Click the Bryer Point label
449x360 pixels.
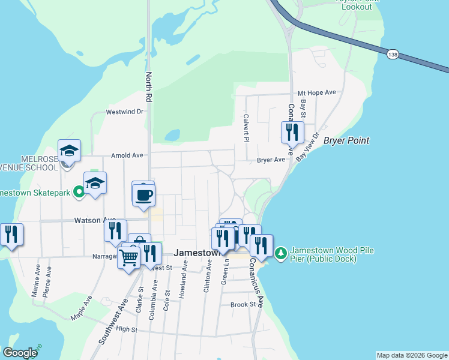click(346, 141)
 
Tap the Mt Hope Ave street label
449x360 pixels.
click(318, 93)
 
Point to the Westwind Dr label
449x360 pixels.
click(125, 112)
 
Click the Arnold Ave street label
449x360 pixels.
click(127, 155)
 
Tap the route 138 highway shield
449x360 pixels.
click(392, 54)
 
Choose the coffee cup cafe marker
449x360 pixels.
click(143, 195)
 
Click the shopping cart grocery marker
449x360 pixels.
click(129, 258)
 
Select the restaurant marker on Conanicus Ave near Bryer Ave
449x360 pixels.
click(292, 131)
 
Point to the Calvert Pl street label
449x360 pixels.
click(246, 128)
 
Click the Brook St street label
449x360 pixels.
click(243, 305)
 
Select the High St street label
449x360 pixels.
click(127, 329)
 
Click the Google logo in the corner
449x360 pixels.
click(20, 353)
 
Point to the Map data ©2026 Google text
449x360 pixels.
click(412, 355)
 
